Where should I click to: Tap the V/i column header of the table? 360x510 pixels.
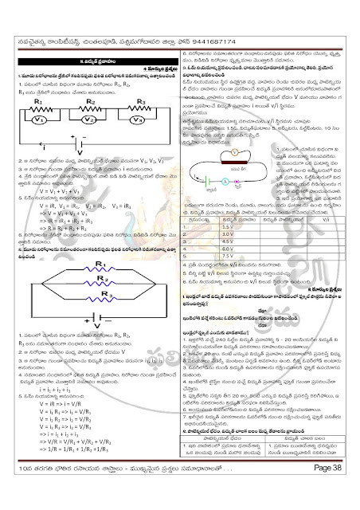[x=332, y=218]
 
